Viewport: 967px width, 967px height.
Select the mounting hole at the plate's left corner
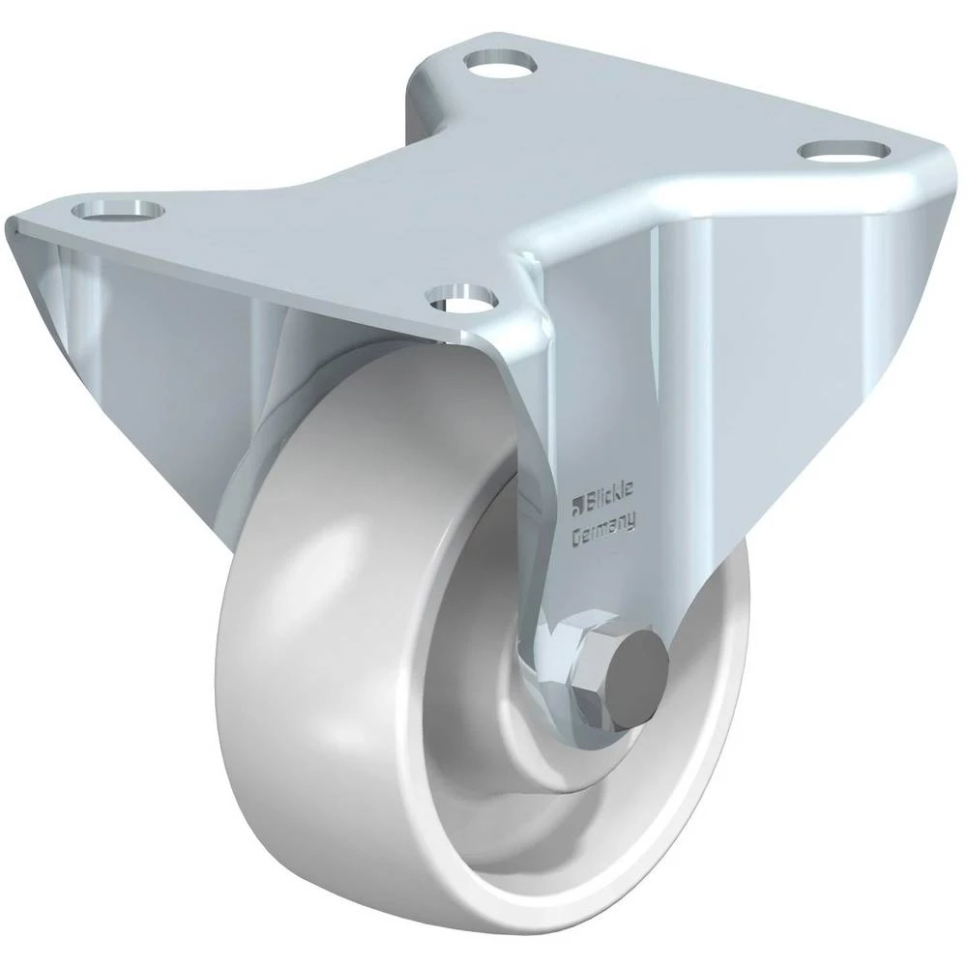click(x=118, y=210)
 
